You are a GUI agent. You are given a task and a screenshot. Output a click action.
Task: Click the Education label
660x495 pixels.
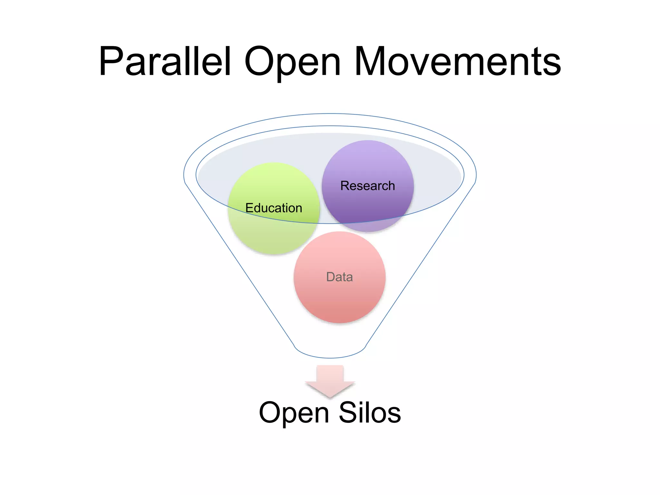274,208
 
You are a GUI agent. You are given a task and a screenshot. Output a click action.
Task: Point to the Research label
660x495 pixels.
367,186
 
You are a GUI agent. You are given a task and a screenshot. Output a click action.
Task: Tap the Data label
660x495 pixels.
339,277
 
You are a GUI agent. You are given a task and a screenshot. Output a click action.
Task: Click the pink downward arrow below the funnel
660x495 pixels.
330,380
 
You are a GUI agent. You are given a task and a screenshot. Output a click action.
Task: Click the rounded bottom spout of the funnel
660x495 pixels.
330,353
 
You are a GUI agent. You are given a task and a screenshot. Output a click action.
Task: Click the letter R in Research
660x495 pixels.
345,186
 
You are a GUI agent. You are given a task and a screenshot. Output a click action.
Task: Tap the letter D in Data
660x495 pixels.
331,277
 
